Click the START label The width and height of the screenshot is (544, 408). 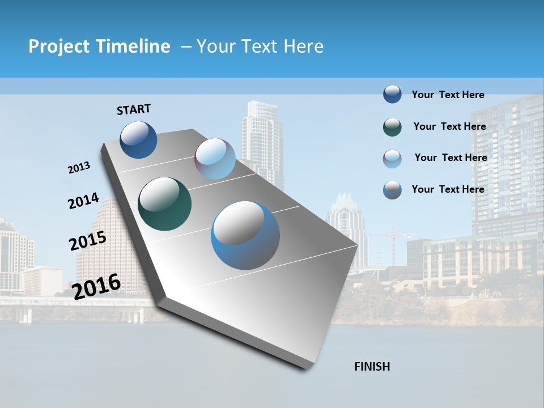coord(134,109)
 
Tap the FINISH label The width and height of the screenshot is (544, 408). coord(372,367)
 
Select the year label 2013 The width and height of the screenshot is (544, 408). coord(79,168)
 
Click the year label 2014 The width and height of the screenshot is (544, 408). coord(83,201)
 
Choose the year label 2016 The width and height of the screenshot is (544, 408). coord(96,286)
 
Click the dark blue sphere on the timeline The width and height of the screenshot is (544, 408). coord(138,139)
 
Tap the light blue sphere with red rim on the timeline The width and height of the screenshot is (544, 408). coord(215,159)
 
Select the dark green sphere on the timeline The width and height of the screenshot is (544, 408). coord(164,204)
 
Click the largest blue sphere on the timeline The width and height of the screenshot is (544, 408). coord(245,235)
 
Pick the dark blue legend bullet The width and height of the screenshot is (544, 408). coord(392,94)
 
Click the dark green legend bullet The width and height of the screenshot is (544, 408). coord(392,127)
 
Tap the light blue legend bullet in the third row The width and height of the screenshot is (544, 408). coord(392,159)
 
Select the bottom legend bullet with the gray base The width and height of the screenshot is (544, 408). coord(392,190)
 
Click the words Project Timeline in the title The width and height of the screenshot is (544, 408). coord(99,46)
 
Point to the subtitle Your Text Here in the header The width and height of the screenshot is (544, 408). coord(260,46)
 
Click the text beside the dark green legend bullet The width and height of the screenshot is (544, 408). coord(449,126)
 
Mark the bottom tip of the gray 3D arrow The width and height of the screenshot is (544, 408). coord(307,368)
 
